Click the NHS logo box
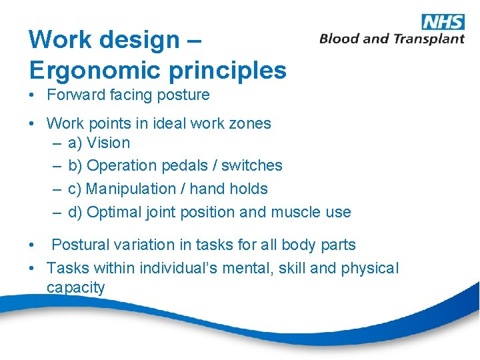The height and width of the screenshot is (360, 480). [443, 21]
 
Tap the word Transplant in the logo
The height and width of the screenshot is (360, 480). [429, 39]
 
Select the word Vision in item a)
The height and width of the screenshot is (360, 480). [109, 143]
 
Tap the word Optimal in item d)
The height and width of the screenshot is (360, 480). [113, 212]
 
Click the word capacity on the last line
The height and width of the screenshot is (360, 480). [75, 288]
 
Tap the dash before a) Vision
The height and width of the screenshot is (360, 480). [57, 143]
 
